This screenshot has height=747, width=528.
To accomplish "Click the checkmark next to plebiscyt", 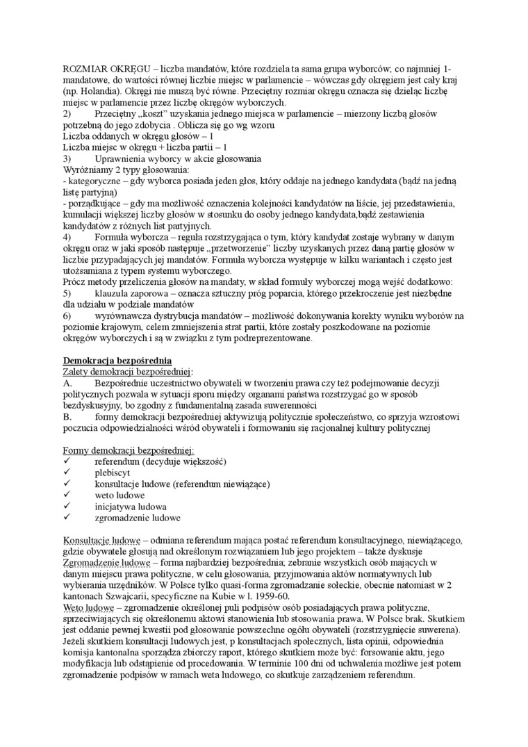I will click(x=67, y=472).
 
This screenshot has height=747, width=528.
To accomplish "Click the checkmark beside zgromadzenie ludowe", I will click(x=67, y=518).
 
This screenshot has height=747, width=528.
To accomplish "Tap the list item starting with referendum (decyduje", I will click(x=160, y=461).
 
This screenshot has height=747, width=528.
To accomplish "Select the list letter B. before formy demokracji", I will click(x=67, y=417).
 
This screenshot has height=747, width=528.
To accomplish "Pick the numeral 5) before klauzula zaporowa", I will click(x=67, y=294).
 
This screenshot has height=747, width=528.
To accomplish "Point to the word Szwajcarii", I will click(x=123, y=597).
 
